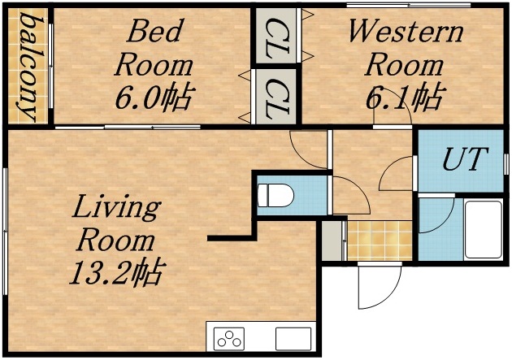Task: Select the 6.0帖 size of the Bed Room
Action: [154, 98]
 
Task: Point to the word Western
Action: [405, 33]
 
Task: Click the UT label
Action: [460, 160]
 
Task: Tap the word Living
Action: [115, 208]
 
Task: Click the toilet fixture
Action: [275, 196]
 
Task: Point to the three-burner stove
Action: [229, 337]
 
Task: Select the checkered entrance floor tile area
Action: [380, 240]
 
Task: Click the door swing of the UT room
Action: [398, 173]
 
